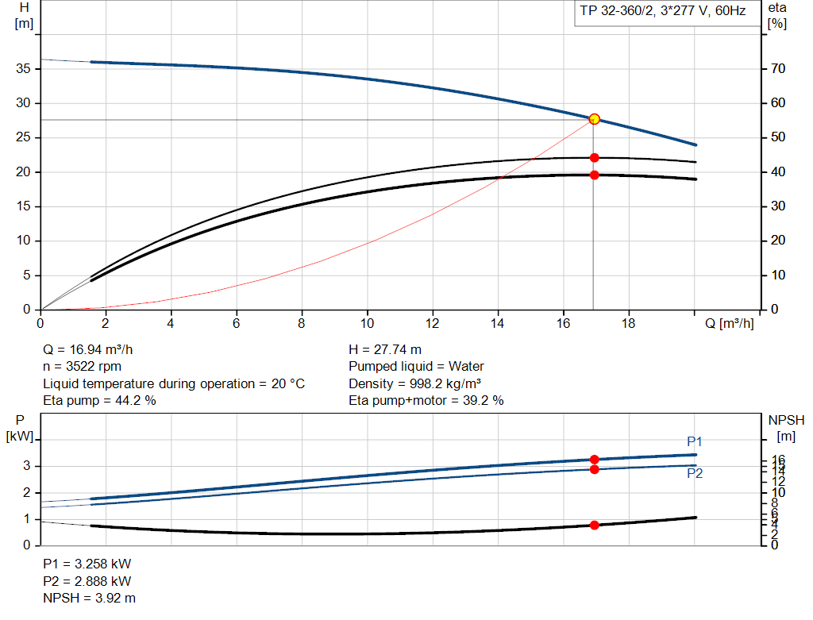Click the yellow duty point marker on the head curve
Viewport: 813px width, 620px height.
click(x=594, y=119)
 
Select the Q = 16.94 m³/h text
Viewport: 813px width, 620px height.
click(x=93, y=349)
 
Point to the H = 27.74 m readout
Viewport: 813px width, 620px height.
click(x=385, y=349)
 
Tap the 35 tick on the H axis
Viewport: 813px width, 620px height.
click(x=23, y=69)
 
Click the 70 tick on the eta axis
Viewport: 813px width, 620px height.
click(x=777, y=69)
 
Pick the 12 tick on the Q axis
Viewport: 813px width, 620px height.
click(x=432, y=323)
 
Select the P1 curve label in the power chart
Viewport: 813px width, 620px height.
click(x=695, y=441)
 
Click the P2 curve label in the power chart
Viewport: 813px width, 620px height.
click(x=695, y=473)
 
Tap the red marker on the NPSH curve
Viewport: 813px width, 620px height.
click(x=594, y=525)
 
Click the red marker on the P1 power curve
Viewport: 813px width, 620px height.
click(x=594, y=460)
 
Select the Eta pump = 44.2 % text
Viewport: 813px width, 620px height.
click(x=99, y=400)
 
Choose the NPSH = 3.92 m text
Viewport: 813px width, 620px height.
click(x=89, y=597)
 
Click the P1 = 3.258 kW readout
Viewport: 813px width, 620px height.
click(x=87, y=564)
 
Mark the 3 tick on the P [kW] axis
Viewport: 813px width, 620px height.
click(x=26, y=466)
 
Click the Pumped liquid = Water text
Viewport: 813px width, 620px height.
click(x=416, y=366)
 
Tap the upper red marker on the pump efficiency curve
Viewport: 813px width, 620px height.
click(x=594, y=158)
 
